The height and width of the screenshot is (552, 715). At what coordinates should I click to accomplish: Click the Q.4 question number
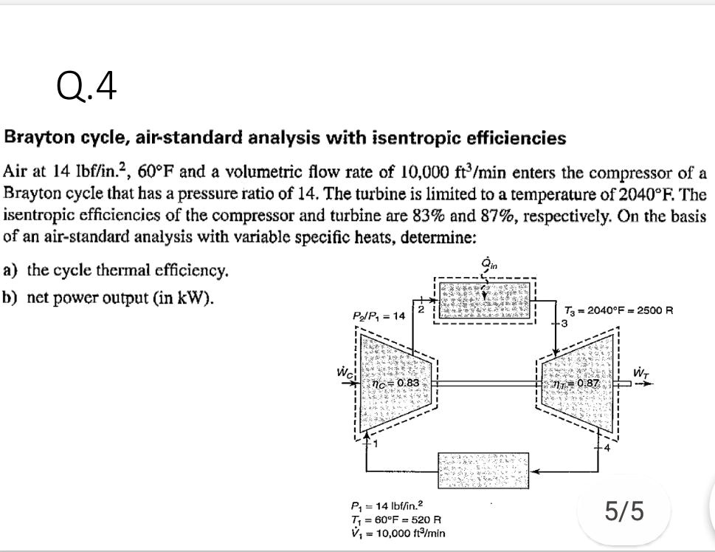pyautogui.click(x=86, y=88)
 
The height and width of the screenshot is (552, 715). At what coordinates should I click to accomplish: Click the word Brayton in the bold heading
pyautogui.click(x=36, y=138)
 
